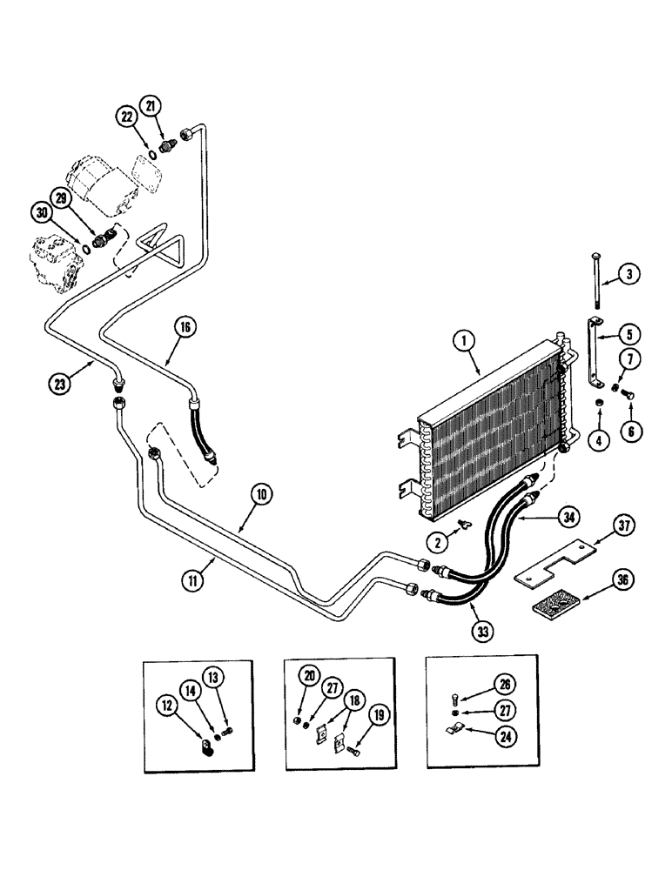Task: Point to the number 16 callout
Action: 185,328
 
